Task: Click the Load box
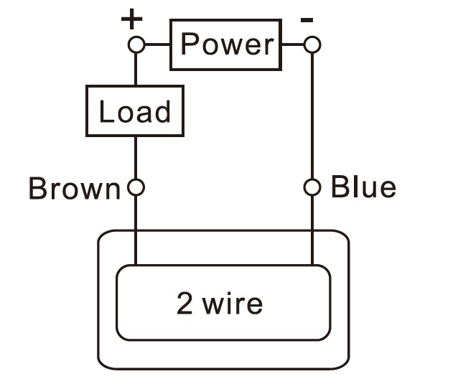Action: click(x=135, y=111)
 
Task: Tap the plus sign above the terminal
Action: click(x=131, y=19)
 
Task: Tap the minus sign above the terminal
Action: click(x=307, y=20)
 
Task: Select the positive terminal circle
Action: click(x=136, y=45)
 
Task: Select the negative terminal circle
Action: click(x=312, y=45)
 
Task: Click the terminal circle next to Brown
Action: click(x=136, y=188)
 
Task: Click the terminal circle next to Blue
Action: click(x=312, y=188)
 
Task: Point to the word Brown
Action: click(x=74, y=189)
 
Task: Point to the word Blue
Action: click(x=363, y=187)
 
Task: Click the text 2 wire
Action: click(x=220, y=304)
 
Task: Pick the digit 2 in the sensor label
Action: click(x=185, y=304)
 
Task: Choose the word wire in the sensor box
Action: click(x=233, y=304)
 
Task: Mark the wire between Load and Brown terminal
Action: click(x=136, y=158)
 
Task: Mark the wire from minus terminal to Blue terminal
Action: click(x=312, y=115)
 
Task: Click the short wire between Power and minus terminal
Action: click(x=293, y=45)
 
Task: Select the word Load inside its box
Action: click(x=135, y=112)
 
